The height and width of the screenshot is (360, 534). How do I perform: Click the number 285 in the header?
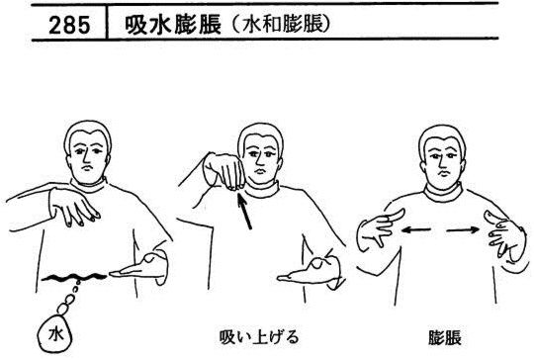pos(69,25)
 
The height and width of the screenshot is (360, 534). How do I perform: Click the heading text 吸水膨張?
pos(173,25)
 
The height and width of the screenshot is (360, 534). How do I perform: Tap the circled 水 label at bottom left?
pos(55,334)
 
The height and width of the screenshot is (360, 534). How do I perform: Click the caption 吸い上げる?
pos(259,336)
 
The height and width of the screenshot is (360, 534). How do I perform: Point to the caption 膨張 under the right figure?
pos(445,337)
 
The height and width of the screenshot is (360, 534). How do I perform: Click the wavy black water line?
pos(74,277)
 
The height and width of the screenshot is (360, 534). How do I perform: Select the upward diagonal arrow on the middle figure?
pos(244,212)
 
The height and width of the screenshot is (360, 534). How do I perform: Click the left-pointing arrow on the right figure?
pos(415,230)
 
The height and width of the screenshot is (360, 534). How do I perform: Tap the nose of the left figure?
pos(88,157)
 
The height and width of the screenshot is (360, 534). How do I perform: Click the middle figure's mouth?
pos(259,170)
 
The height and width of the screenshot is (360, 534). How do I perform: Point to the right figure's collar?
pos(443,194)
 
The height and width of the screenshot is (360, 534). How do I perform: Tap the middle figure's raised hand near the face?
pos(224,170)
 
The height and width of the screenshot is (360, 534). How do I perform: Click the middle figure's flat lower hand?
pos(309,272)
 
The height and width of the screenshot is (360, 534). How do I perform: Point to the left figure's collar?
pos(89,186)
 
